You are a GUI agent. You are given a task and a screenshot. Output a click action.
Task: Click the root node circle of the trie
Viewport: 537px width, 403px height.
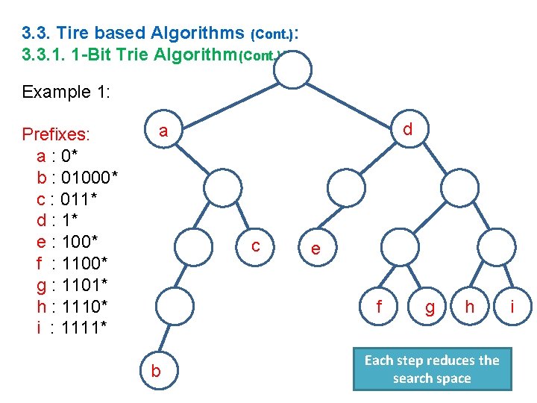(292, 71)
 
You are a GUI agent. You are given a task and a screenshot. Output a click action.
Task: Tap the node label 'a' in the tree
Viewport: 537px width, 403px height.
(163, 131)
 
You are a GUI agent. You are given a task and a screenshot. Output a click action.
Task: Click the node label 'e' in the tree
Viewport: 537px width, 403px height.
(316, 249)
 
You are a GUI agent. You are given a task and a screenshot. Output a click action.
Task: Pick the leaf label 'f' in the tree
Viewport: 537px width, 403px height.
(380, 306)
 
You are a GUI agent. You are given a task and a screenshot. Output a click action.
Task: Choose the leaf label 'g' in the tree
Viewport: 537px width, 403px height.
(430, 307)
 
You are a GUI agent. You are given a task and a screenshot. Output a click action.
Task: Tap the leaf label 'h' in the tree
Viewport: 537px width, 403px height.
(469, 306)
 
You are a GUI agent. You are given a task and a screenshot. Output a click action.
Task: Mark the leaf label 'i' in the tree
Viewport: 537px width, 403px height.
(512, 306)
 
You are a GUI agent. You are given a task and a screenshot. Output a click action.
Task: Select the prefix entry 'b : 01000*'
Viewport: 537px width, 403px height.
(77, 178)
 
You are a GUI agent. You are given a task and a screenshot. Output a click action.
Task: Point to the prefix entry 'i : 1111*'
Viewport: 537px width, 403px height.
(72, 327)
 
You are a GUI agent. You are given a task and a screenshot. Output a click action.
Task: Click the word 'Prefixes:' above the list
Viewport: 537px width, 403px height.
(56, 134)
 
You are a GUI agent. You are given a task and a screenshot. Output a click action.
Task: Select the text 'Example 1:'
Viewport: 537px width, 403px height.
(66, 92)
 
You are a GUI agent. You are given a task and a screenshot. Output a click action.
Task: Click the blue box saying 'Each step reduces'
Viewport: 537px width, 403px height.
(432, 369)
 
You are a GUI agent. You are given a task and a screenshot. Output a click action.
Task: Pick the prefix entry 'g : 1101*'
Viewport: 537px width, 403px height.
(72, 284)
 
